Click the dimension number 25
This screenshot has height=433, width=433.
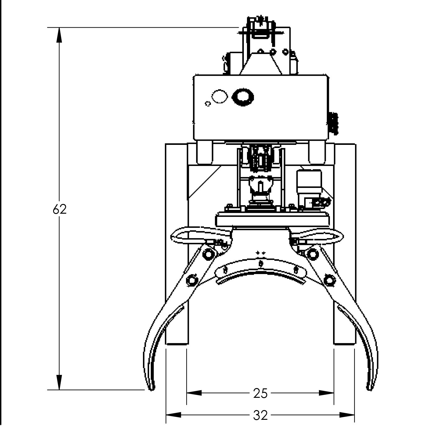point(260,393)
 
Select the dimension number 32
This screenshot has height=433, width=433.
point(260,415)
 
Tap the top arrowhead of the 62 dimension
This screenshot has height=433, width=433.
point(59,35)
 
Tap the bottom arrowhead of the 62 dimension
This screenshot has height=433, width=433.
point(59,382)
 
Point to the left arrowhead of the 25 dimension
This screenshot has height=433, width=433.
point(194,393)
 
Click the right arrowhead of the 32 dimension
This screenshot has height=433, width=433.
point(347,415)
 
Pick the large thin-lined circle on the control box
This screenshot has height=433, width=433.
point(219,97)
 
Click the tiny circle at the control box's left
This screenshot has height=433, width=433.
point(207,103)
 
